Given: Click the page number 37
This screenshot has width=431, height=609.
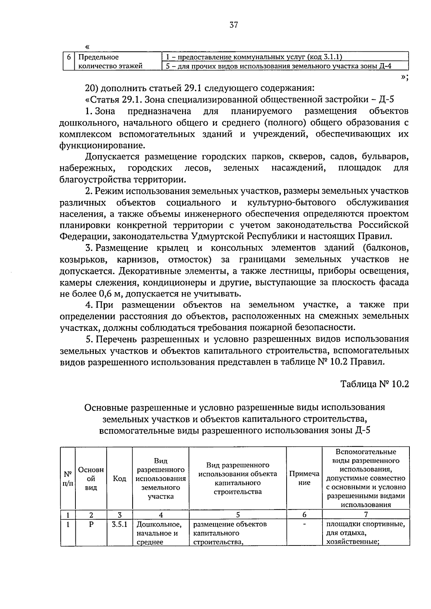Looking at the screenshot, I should (x=233, y=25).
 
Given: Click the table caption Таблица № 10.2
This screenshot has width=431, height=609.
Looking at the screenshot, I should (x=375, y=384).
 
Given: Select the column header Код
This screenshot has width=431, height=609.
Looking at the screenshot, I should (x=120, y=478).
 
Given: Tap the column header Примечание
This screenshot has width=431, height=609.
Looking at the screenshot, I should (x=304, y=478).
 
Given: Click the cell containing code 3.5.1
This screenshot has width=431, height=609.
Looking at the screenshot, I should (x=120, y=524).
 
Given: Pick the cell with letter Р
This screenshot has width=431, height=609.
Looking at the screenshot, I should (x=91, y=524).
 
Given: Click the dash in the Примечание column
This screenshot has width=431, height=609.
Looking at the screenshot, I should (x=304, y=524).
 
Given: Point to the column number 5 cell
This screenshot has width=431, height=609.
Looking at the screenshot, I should (x=238, y=515).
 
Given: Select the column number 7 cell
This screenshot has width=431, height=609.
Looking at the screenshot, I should (x=366, y=515).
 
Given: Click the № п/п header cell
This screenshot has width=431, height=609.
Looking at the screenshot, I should (x=68, y=478).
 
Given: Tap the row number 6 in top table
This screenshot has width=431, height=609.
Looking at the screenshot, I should (x=69, y=57).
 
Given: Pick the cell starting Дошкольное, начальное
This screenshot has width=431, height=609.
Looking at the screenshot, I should (x=160, y=533).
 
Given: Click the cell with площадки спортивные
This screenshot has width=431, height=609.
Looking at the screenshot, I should (x=366, y=533).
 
